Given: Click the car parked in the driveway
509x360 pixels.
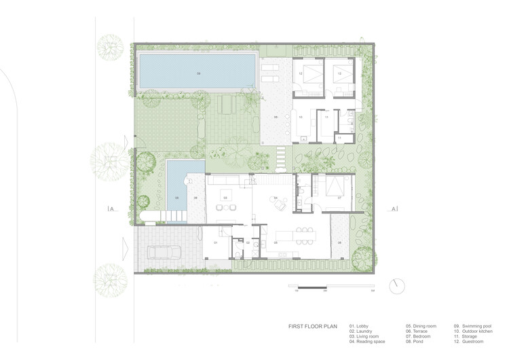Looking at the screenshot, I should (161, 253).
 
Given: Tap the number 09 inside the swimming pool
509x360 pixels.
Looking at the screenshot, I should (199, 72).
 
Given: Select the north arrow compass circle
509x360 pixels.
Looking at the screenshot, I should (396, 286).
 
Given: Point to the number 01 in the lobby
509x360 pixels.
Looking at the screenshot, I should (215, 242).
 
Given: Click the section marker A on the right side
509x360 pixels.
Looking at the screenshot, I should (394, 209).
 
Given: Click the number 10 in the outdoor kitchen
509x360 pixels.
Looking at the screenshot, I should (300, 118).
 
